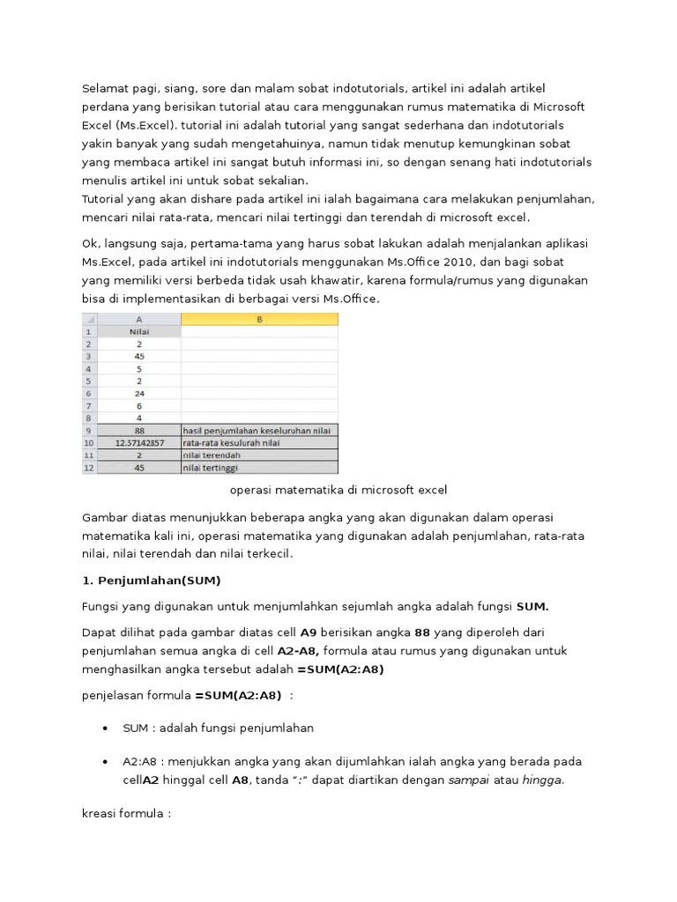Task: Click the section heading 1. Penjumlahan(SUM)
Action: tap(151, 580)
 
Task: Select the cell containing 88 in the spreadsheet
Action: tap(138, 430)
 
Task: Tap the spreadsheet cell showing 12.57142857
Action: tap(138, 442)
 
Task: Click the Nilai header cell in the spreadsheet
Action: tap(138, 333)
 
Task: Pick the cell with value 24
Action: tap(138, 394)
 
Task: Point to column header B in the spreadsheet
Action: tap(259, 321)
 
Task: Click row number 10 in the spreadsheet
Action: tap(88, 442)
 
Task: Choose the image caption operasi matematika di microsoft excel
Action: tap(338, 490)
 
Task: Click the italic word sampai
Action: tap(467, 780)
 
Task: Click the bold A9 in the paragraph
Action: tap(309, 632)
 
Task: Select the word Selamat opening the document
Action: tap(105, 89)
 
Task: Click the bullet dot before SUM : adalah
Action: tap(106, 728)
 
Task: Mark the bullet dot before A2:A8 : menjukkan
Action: tap(106, 762)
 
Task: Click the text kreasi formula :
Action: tap(125, 813)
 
